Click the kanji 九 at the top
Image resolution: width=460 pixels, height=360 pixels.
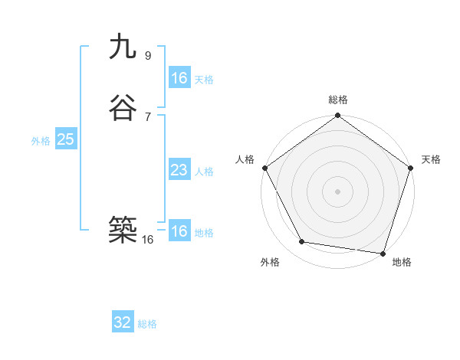pos(123,47)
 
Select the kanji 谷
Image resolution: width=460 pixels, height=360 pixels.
pos(123,109)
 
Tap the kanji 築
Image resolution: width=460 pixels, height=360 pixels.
pos(123,229)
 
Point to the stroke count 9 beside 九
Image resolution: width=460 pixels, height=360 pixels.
pos(148,55)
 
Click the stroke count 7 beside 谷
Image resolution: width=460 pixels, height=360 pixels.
pos(148,116)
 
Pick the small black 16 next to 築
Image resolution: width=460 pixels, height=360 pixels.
pos(148,239)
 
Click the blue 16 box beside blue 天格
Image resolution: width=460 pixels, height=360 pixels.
pos(179,78)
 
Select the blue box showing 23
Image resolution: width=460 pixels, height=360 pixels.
pos(179,170)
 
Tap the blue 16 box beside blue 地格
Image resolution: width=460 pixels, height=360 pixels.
pos(179,231)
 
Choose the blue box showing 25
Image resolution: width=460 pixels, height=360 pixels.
pos(65,139)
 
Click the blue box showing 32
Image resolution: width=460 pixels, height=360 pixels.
pos(123,322)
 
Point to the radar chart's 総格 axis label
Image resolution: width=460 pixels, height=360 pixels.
pos(338,100)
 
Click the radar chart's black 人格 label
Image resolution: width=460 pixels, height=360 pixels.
pos(245,159)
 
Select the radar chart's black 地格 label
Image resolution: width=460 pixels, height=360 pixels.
pos(402,263)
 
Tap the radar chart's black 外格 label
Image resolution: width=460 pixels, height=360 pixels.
pos(270,263)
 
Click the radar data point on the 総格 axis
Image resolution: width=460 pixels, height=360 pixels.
pos(337,116)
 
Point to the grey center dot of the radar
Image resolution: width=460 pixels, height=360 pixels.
pos(337,191)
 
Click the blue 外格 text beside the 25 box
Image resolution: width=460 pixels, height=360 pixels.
pos(41,141)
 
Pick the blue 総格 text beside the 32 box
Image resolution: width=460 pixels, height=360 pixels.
pos(147,324)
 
